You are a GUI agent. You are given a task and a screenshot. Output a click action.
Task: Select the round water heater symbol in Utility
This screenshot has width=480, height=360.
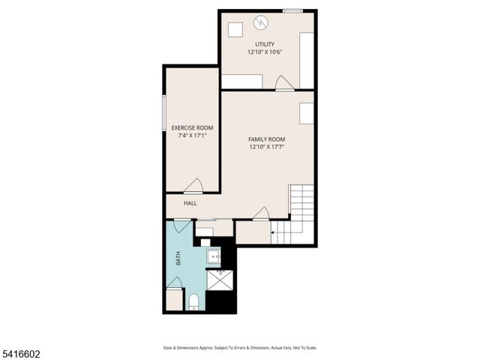(x=261, y=22)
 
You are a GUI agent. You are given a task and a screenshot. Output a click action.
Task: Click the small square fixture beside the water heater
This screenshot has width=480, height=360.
(x=235, y=30)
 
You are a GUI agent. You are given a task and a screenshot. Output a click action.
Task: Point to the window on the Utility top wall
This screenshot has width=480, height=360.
(x=292, y=10)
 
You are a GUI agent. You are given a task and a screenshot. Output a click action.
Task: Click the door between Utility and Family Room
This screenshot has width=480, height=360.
(x=284, y=85)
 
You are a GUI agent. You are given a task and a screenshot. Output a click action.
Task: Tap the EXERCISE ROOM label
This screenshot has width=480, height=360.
(x=192, y=128)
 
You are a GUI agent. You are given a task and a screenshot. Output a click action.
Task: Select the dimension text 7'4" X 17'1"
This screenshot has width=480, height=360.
(x=192, y=136)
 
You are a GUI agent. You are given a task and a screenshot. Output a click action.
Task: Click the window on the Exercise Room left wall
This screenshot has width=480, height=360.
(x=165, y=115)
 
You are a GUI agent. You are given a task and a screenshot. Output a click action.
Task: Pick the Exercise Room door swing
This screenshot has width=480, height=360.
(x=193, y=186)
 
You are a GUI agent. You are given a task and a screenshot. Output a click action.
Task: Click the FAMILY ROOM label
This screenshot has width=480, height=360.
(x=266, y=139)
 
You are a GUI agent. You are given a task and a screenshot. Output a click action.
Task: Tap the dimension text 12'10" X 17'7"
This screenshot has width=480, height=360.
(x=266, y=148)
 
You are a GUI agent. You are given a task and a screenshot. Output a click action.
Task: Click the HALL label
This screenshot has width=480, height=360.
(x=190, y=203)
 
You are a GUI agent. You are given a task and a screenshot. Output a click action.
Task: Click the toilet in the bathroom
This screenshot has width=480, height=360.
(x=193, y=302)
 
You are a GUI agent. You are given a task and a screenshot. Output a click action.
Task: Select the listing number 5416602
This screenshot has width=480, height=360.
(x=20, y=352)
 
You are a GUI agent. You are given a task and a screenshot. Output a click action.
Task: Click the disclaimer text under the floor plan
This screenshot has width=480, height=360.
(x=240, y=347)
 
